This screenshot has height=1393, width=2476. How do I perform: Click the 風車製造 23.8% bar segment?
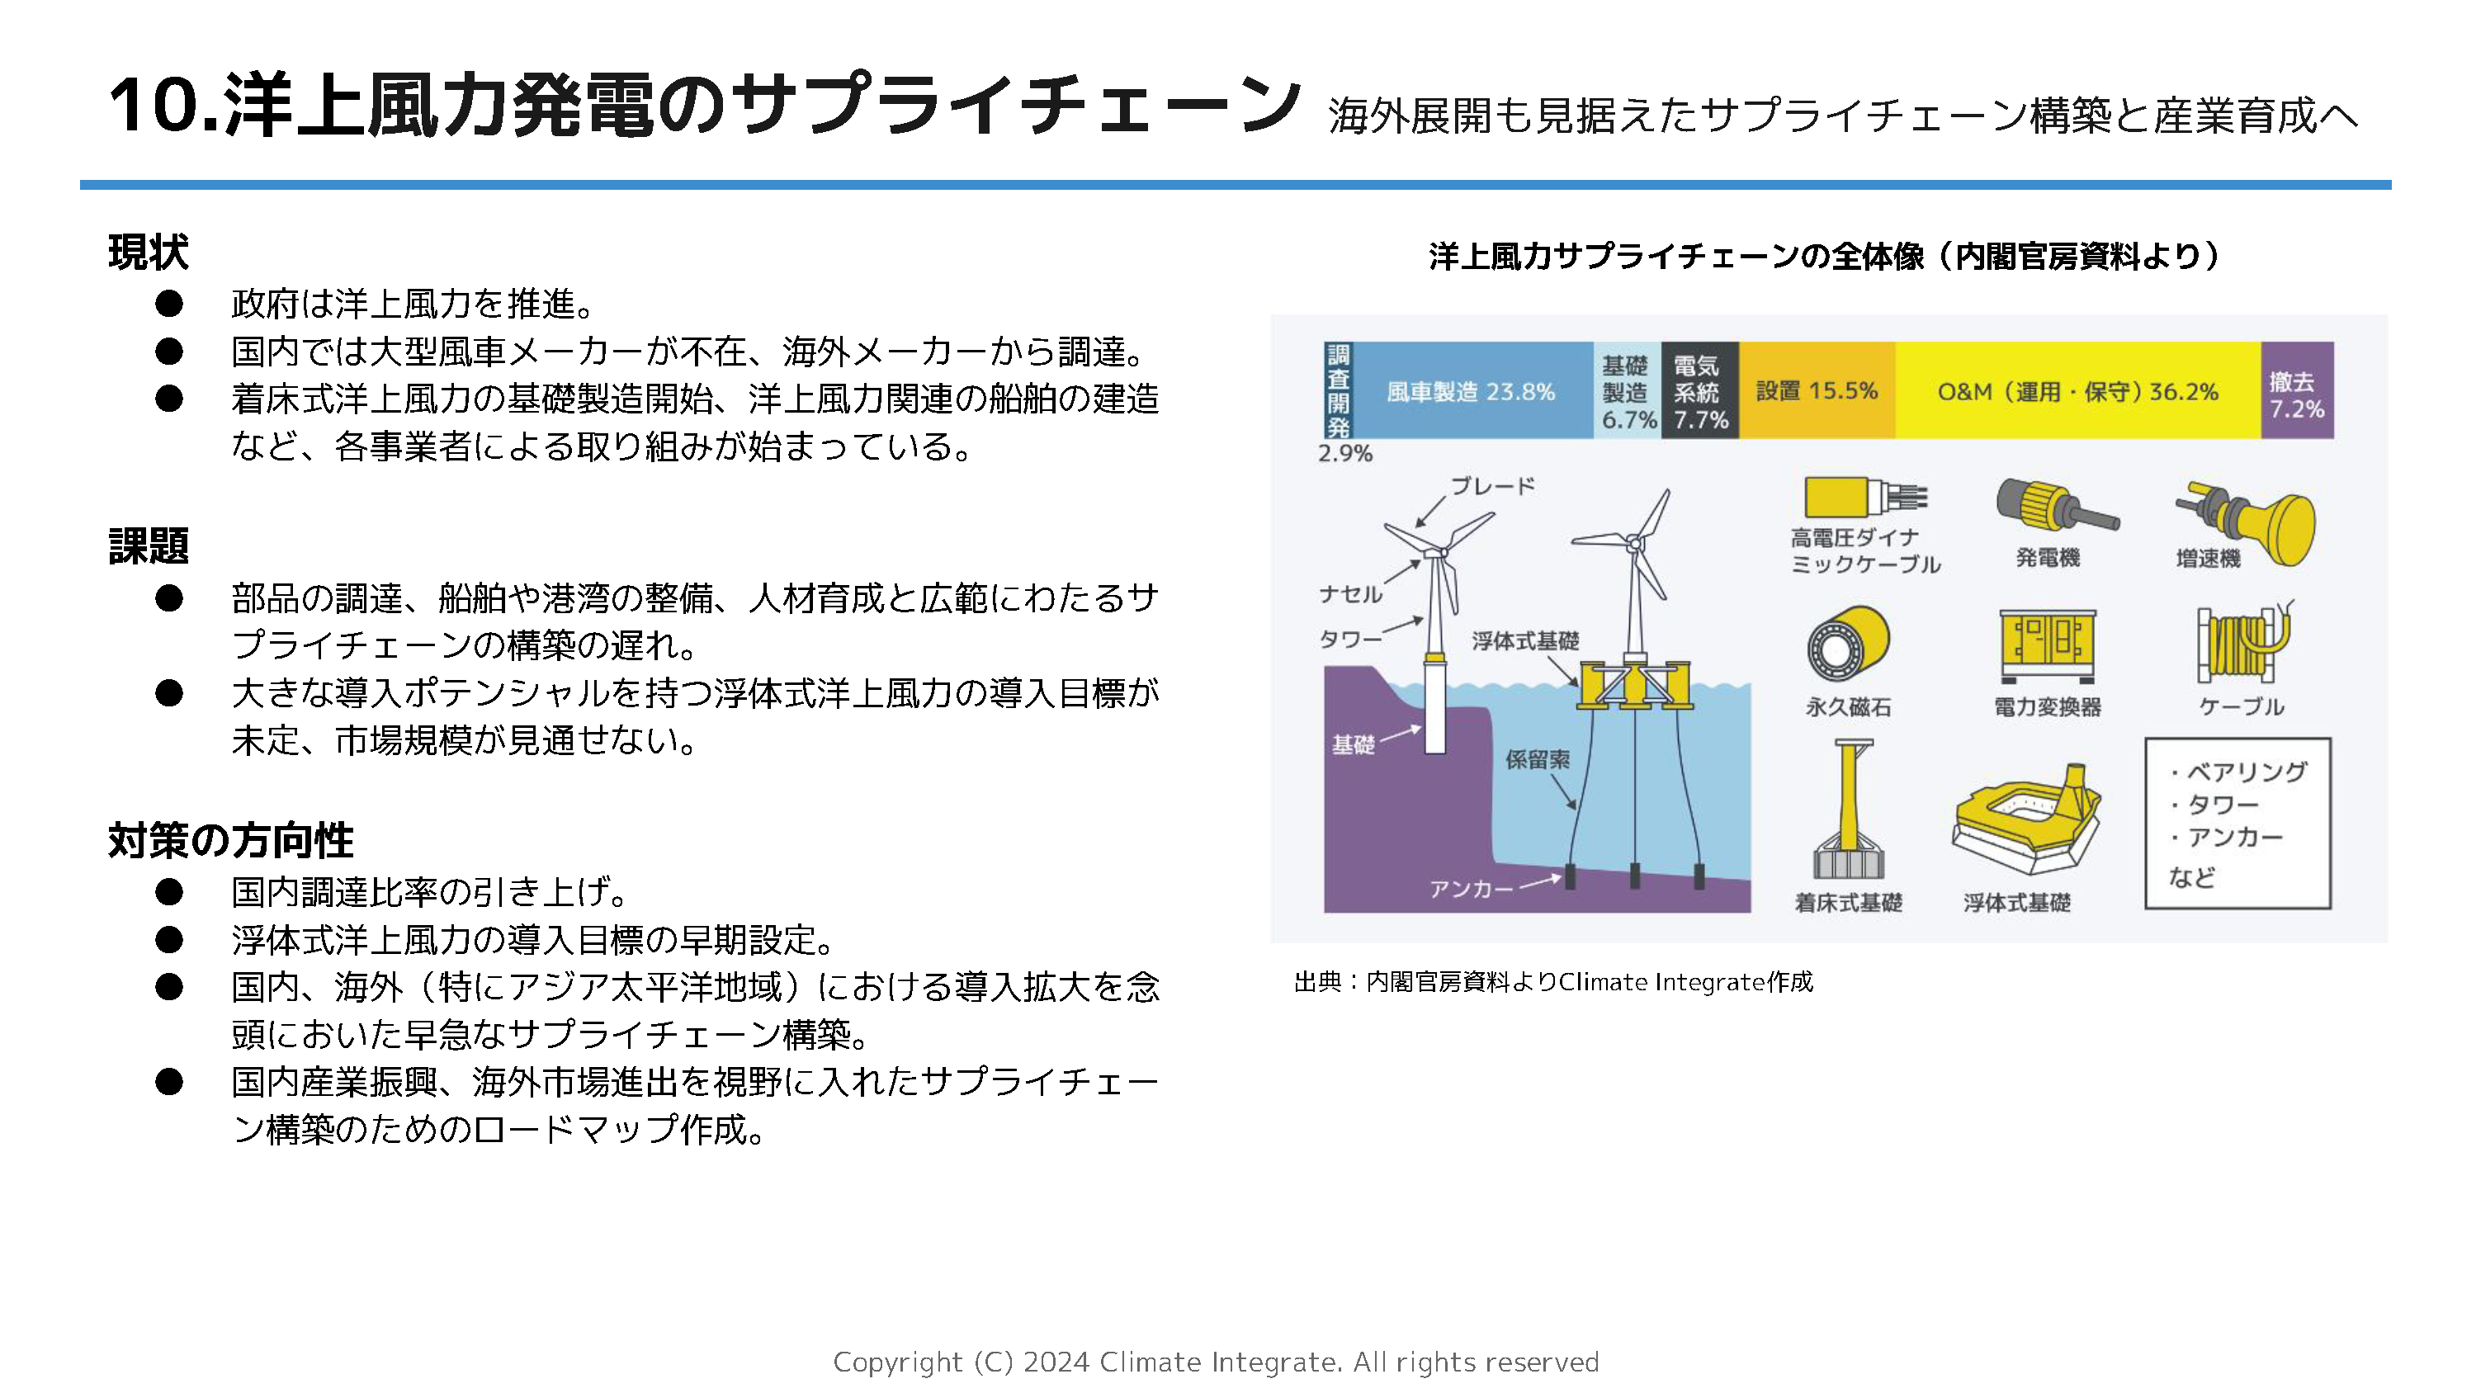(x=1471, y=391)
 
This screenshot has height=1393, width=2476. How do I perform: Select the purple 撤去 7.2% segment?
(x=2296, y=391)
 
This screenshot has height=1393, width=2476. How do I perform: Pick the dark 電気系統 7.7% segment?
(x=1699, y=391)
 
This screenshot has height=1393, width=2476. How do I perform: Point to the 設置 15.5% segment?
(x=1816, y=391)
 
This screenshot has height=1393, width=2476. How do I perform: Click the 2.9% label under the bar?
(x=1344, y=454)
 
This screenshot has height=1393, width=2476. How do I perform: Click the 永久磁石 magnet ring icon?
(x=1846, y=645)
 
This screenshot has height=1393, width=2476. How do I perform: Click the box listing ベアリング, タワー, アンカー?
(x=2237, y=823)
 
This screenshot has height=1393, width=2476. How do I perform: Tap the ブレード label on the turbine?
(x=1491, y=486)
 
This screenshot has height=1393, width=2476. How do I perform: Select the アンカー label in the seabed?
(x=1471, y=888)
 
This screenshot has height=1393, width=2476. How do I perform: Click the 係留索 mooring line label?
(x=1537, y=759)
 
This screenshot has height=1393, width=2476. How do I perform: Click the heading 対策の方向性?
(x=231, y=839)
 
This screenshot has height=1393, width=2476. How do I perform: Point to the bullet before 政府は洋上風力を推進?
(x=169, y=304)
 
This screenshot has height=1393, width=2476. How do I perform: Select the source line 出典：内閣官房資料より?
(x=1552, y=981)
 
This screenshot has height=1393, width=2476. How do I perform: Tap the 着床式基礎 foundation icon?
(x=1847, y=812)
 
